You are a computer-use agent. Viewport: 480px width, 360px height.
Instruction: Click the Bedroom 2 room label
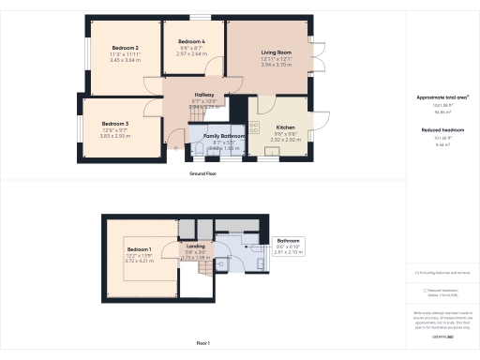point(126,48)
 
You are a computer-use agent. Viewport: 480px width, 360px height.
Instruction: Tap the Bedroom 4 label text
point(191,42)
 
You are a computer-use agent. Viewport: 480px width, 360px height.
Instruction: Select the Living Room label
point(277,52)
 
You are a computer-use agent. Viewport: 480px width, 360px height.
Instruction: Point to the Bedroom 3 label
point(115,124)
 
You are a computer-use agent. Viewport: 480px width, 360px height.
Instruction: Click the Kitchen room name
point(286,127)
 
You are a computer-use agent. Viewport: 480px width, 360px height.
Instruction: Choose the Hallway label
point(204,96)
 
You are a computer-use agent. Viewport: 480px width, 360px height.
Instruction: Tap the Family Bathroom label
point(225,136)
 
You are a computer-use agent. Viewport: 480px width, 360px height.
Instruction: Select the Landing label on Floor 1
point(195,246)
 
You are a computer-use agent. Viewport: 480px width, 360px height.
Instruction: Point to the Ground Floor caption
point(204,173)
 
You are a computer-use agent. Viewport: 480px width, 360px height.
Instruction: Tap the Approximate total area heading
point(442,97)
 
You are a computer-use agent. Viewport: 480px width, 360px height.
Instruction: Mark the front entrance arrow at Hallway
point(174,146)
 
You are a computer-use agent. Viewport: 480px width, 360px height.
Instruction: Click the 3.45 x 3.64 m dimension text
point(126,60)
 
